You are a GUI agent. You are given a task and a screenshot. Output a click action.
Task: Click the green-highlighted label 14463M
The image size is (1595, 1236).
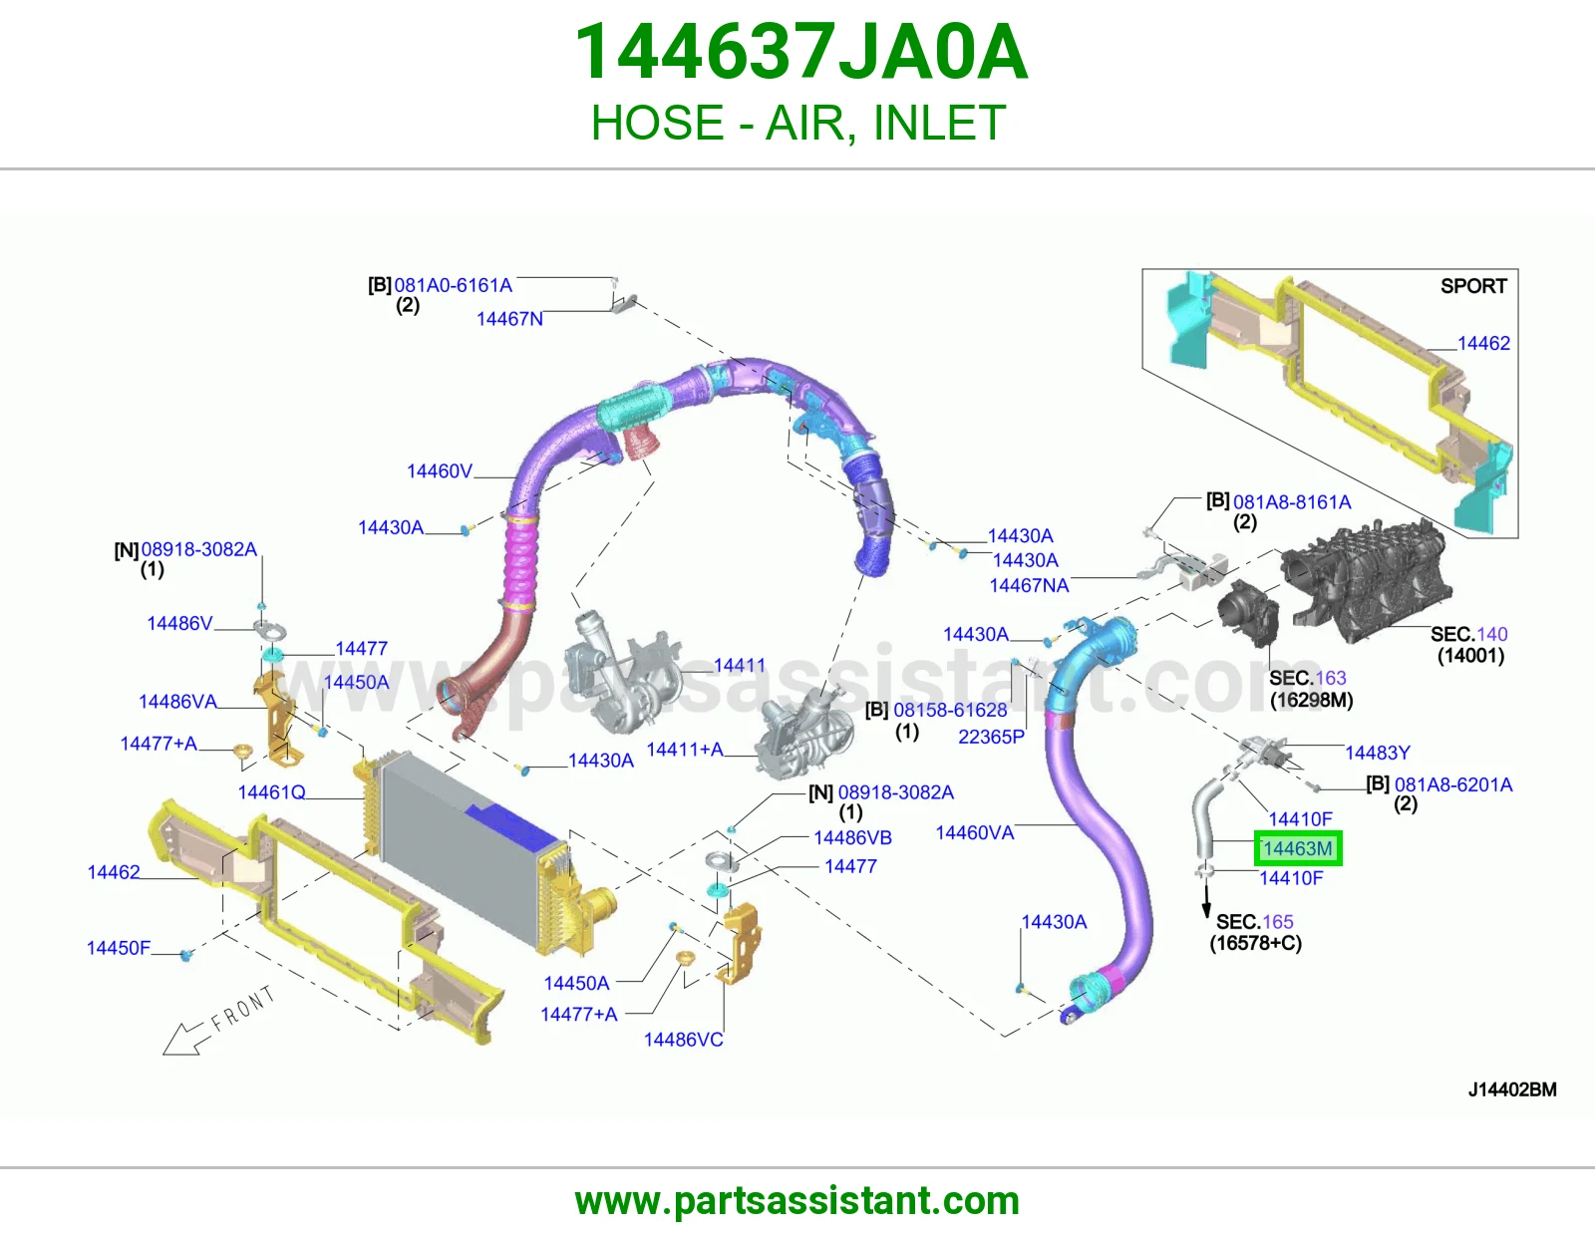(1298, 848)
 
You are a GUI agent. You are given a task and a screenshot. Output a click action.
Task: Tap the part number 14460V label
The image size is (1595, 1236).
(440, 471)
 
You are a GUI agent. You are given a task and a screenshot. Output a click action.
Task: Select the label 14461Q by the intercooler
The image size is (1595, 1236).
(271, 792)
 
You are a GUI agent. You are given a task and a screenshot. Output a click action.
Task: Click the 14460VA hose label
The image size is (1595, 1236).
(975, 832)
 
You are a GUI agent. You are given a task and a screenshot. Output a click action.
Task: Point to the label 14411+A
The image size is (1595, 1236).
(685, 749)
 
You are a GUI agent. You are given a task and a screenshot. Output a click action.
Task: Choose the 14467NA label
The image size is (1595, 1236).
(1029, 585)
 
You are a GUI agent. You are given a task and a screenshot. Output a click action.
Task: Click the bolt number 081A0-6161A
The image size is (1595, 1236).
(453, 285)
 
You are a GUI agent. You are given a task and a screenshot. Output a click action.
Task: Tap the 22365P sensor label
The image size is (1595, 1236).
(991, 737)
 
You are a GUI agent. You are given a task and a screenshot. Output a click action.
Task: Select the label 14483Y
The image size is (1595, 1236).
(1377, 753)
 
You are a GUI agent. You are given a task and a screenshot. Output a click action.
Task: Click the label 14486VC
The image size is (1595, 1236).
(684, 1040)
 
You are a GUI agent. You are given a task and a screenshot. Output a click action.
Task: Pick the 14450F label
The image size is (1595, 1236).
(119, 948)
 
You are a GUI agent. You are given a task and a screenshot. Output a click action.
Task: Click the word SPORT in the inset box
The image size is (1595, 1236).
(1473, 285)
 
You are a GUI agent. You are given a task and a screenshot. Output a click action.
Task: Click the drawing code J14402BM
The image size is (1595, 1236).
(1512, 1089)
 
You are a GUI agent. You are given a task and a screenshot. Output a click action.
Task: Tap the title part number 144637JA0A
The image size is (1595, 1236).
(800, 52)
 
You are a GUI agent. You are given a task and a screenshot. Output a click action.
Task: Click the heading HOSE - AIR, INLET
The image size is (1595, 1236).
(797, 123)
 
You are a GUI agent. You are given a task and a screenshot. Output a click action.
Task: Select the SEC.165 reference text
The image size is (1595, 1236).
(1254, 921)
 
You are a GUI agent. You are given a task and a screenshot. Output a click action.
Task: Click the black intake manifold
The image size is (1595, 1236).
(1366, 580)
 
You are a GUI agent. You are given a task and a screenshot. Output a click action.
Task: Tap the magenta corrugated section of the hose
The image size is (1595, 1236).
(519, 561)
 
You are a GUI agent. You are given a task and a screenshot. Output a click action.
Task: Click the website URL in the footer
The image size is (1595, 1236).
(797, 1201)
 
